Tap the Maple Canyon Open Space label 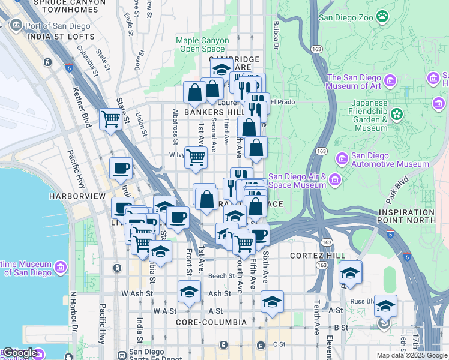202,44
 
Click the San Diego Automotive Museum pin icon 342,158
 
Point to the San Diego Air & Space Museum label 296,181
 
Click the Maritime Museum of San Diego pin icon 60,266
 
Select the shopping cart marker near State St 111,119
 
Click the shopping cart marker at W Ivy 196,157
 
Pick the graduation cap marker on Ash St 189,292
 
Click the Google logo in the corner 20,353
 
